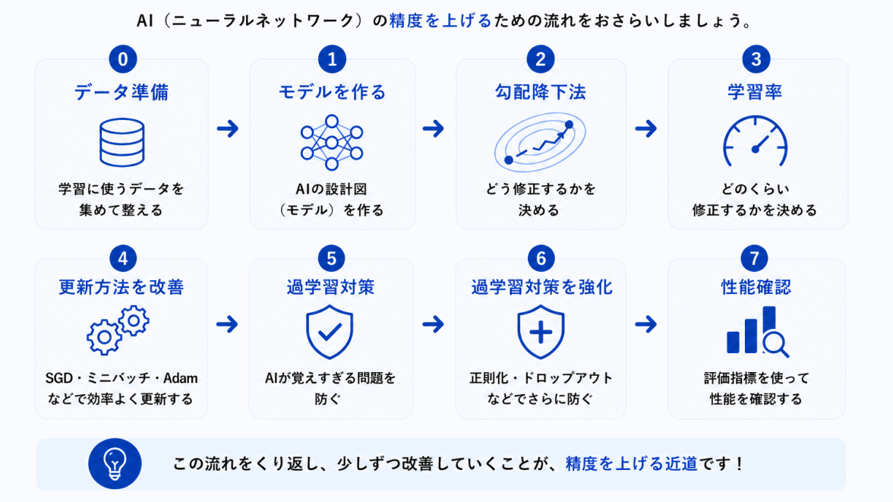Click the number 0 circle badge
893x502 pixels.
point(122,58)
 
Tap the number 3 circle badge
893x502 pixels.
point(756,58)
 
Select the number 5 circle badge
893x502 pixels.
point(331,259)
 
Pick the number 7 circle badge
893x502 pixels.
point(755,259)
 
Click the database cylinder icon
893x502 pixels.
point(121,143)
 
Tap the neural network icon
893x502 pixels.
point(332,143)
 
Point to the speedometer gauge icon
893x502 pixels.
point(755,141)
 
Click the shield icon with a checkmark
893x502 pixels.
point(330,332)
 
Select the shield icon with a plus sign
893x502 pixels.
point(541,332)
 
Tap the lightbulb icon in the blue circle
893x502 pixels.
point(115,464)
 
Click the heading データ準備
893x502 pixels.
point(121,93)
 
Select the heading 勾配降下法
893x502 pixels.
point(540,93)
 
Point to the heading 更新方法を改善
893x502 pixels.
point(121,287)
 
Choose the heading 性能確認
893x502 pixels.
point(756,287)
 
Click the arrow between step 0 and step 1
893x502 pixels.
point(228,128)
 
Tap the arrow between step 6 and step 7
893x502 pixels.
point(645,324)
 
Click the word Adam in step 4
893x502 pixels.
point(181,378)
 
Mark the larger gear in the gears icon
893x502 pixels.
point(104,336)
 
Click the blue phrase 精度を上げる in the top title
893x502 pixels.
point(440,21)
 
